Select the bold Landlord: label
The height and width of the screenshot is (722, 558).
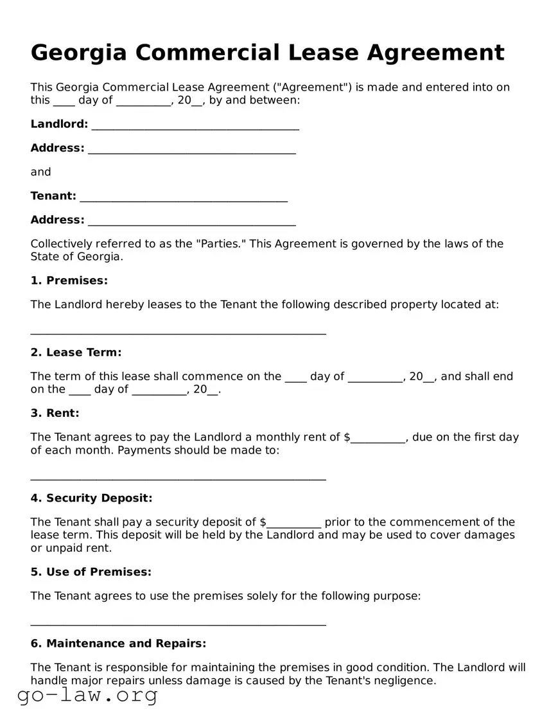[59, 124]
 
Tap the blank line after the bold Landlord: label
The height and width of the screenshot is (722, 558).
[195, 126]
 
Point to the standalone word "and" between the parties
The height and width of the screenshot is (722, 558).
[40, 172]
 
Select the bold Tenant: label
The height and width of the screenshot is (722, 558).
[53, 196]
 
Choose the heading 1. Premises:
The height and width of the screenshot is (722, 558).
[69, 281]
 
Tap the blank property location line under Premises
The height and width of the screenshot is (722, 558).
[179, 331]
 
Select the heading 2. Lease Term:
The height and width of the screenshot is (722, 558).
[76, 353]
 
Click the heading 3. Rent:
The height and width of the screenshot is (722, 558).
[55, 413]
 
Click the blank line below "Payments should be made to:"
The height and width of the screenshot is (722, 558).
[179, 477]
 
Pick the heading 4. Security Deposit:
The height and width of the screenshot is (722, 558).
[92, 498]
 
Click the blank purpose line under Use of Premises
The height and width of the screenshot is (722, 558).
[179, 621]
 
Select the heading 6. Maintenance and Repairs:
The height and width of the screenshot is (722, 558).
[119, 644]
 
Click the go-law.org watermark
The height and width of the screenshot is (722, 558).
[87, 694]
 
